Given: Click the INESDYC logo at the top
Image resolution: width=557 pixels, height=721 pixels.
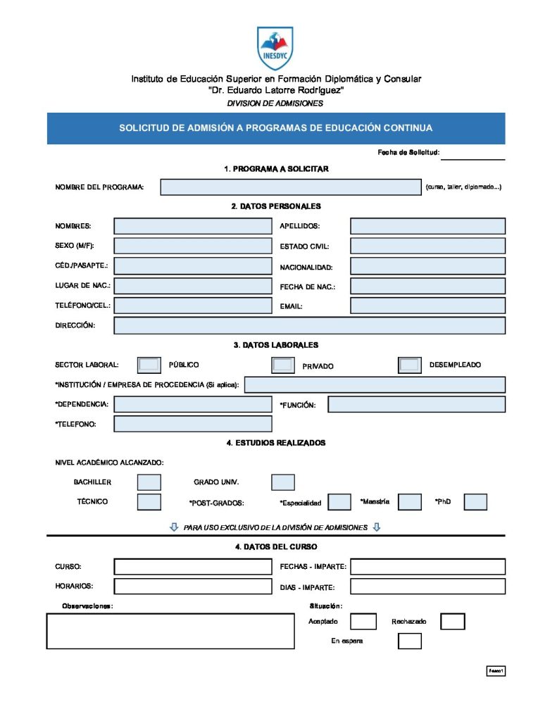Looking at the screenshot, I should point(275,48).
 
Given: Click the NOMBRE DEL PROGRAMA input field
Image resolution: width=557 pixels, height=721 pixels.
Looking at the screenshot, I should point(290,187).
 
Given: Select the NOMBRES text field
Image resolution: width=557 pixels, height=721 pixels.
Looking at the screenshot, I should point(192,226).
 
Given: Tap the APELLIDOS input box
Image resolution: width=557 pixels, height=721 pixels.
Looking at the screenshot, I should point(427,226).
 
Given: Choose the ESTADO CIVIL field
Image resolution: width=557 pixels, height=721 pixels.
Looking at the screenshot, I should point(427,246).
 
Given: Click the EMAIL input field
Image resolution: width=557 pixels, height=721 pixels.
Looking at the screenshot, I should point(427,306).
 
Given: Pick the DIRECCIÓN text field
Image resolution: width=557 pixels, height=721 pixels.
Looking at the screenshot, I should point(309,326).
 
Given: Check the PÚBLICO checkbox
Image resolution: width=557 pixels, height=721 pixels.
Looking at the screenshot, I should point(149,365).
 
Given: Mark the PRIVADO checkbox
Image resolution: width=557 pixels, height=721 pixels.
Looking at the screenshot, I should point(283,365).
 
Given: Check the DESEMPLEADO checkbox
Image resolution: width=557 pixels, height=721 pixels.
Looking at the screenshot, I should point(409,365).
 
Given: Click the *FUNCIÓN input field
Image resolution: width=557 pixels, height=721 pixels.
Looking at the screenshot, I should point(416,405).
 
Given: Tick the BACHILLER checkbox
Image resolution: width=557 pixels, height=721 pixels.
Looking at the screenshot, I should point(149,482).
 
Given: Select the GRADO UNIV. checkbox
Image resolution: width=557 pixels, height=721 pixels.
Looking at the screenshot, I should point(283,482).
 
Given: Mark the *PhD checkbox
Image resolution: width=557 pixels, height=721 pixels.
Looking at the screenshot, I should point(475,502).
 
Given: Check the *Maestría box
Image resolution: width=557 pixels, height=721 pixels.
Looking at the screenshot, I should point(409,502).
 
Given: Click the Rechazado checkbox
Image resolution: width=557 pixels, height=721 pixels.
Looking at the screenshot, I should point(453,622).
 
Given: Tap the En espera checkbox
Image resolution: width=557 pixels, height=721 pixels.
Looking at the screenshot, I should point(410,641).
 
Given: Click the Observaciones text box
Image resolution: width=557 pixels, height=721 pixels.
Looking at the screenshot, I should point(170,631).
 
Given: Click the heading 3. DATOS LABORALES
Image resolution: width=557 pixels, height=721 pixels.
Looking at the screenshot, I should point(276,345).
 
